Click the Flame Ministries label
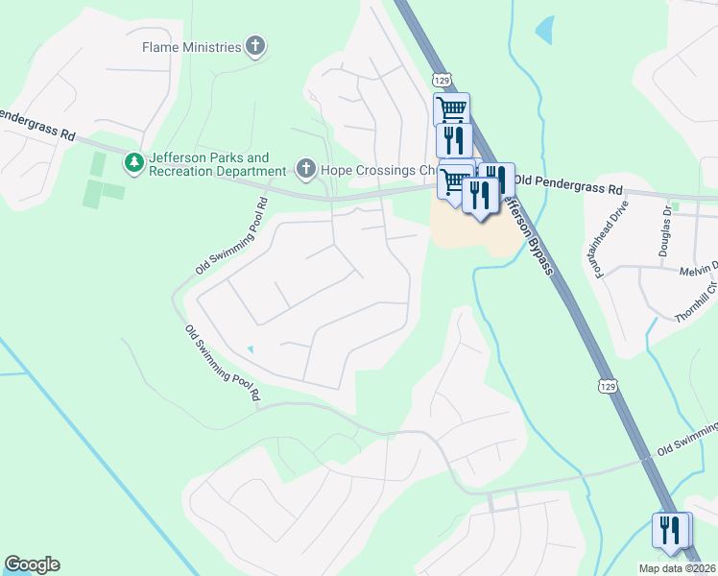pyautogui.click(x=191, y=46)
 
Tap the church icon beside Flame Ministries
pyautogui.click(x=255, y=45)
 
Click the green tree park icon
pyautogui.click(x=135, y=164)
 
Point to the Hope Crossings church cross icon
pyautogui.click(x=306, y=170)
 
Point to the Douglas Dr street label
pyautogui.click(x=665, y=230)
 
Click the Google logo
pyautogui.click(x=32, y=564)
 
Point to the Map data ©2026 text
pyautogui.click(x=676, y=568)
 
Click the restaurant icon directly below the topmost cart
pyautogui.click(x=453, y=139)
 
